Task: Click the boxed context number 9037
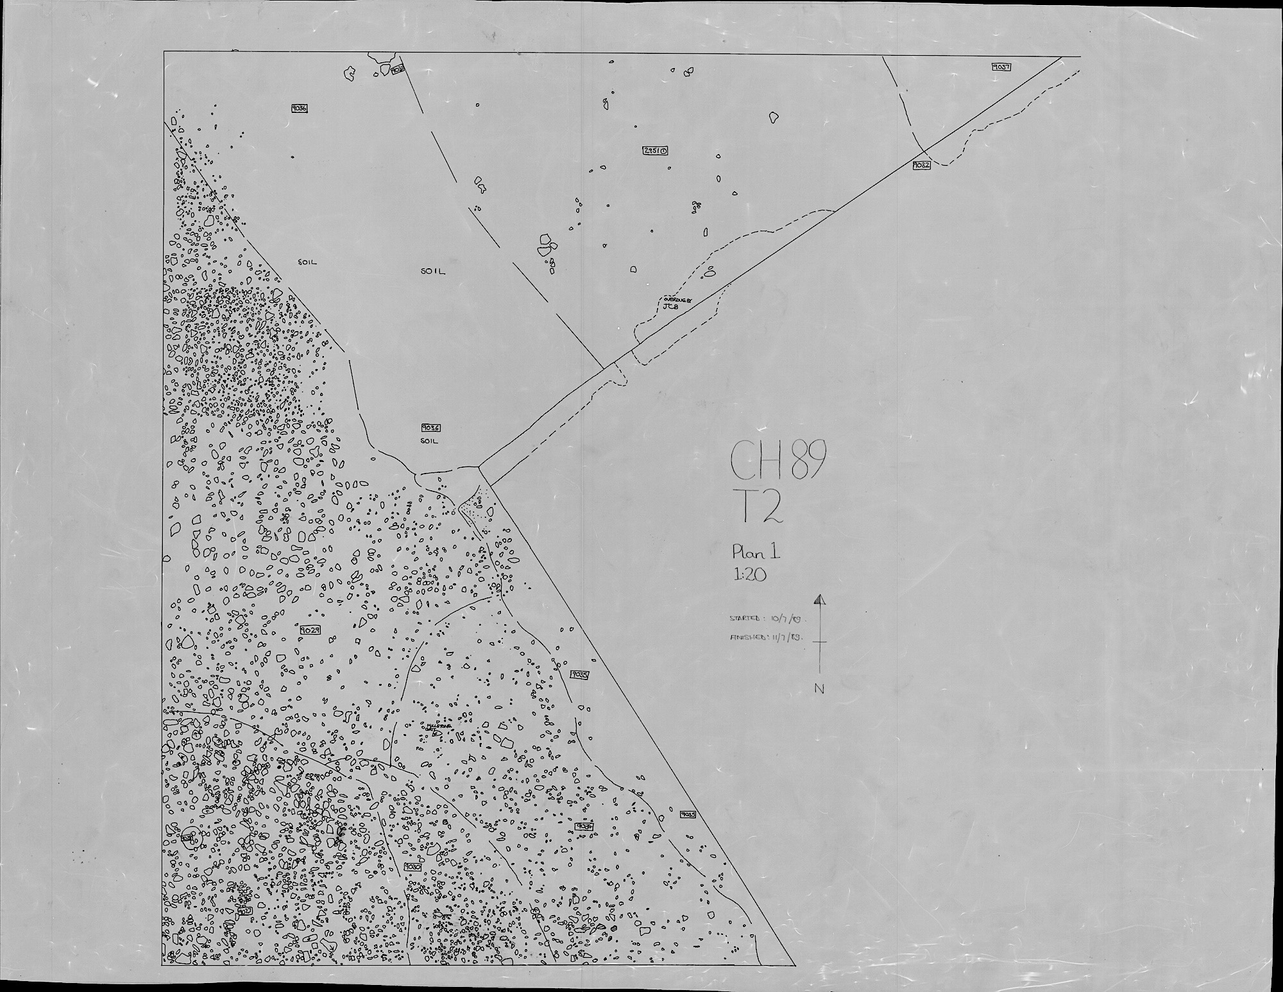coord(1001,67)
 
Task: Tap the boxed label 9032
coord(921,166)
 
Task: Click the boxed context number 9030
coord(412,866)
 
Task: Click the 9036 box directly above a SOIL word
coord(430,427)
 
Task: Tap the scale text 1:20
coord(749,575)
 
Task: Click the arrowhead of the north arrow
coord(819,600)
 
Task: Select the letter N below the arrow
coord(819,688)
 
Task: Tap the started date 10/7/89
coord(788,620)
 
